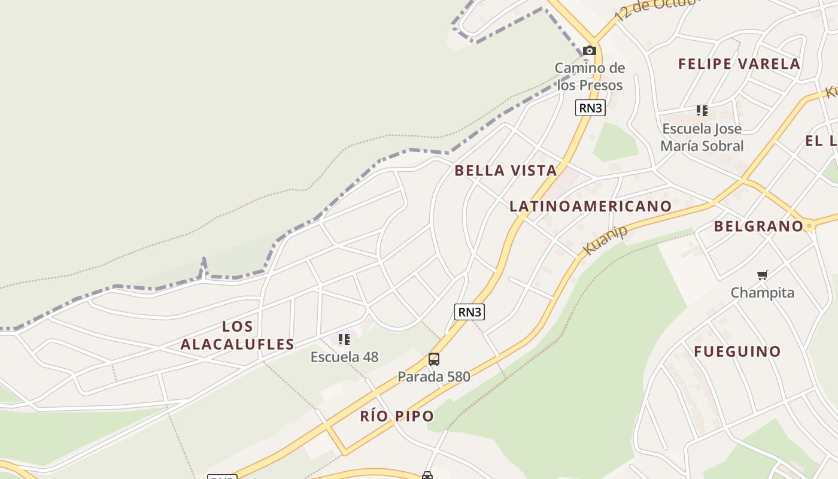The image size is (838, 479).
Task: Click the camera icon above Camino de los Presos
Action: click(590, 51)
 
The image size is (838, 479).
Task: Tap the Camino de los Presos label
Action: click(590, 77)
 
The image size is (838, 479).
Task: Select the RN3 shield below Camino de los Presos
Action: click(590, 108)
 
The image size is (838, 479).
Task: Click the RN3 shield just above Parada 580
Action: click(469, 312)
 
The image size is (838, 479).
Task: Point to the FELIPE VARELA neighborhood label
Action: click(739, 64)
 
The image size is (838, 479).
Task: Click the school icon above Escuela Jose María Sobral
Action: click(702, 111)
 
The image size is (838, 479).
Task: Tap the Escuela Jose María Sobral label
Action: click(702, 137)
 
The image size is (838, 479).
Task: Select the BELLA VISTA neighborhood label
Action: click(506, 171)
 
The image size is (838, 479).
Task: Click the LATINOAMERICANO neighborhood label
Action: click(590, 207)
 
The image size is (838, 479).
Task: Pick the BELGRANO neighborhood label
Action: click(758, 226)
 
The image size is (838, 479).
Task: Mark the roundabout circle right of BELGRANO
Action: click(809, 226)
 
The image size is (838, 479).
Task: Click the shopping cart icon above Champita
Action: click(762, 275)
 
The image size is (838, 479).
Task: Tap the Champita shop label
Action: click(762, 293)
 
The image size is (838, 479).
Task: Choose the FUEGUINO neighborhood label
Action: click(737, 351)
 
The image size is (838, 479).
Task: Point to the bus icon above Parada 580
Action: click(434, 359)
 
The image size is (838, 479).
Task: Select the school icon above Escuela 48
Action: click(344, 339)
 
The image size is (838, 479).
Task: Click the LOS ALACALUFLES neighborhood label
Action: click(238, 335)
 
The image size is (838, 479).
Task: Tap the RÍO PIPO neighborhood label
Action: click(397, 416)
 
